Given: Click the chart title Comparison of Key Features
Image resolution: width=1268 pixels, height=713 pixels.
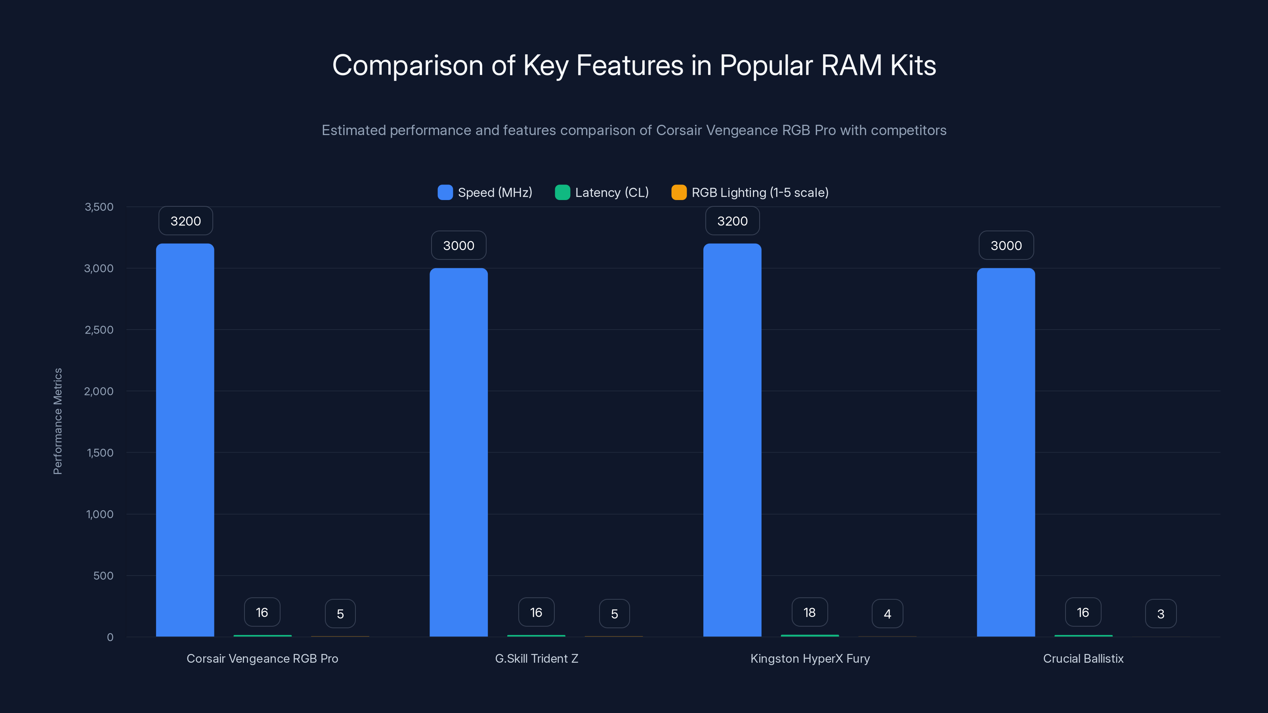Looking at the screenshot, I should pyautogui.click(x=634, y=65).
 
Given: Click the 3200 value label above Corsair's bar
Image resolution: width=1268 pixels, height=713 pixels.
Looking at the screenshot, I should pyautogui.click(x=185, y=221).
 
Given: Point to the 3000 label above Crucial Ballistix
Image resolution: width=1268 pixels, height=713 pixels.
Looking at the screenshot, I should pyautogui.click(x=1006, y=246).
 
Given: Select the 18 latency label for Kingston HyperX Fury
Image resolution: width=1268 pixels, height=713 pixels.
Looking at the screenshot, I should pyautogui.click(x=809, y=612).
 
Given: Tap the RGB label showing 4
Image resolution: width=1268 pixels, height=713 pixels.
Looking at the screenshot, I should pyautogui.click(x=887, y=614).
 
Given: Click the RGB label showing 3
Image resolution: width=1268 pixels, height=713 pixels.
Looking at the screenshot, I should pyautogui.click(x=1161, y=614).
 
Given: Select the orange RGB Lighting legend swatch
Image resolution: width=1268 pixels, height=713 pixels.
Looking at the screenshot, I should pyautogui.click(x=679, y=193).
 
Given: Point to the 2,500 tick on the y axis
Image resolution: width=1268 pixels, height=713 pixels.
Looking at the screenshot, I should pyautogui.click(x=99, y=330).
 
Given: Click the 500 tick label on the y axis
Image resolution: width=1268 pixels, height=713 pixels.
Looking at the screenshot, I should pyautogui.click(x=103, y=576).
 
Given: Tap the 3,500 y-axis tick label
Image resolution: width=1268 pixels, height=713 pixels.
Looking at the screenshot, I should pyautogui.click(x=99, y=207).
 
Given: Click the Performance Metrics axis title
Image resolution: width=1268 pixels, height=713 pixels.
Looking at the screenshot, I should pyautogui.click(x=57, y=421).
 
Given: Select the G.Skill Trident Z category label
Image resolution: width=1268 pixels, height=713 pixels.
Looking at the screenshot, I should pyautogui.click(x=537, y=658).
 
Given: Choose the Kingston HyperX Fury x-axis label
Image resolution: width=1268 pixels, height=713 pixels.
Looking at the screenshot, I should pyautogui.click(x=810, y=658).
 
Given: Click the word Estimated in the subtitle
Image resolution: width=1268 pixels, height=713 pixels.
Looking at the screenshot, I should pyautogui.click(x=353, y=130).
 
